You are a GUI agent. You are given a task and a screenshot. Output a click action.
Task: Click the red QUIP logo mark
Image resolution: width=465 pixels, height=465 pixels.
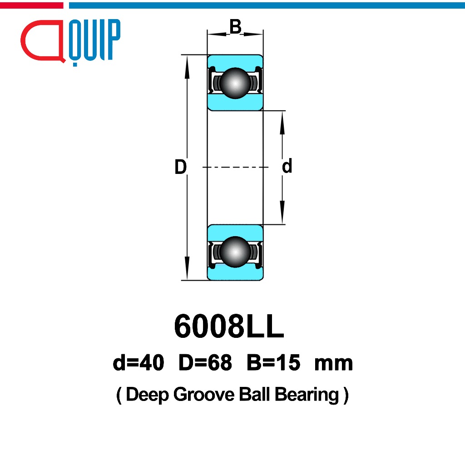pos(42,42)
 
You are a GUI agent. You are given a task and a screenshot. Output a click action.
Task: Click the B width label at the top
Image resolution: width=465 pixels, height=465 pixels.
pos(235,27)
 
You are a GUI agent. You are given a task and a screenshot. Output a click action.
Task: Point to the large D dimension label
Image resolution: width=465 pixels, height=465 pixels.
pos(181,168)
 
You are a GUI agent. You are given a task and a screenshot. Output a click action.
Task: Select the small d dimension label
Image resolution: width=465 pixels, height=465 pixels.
pos(287,167)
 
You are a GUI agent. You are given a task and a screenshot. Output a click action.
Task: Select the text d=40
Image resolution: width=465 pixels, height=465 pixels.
pos(139,363)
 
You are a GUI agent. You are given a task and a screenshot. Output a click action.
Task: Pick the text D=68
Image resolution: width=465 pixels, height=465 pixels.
pos(205,363)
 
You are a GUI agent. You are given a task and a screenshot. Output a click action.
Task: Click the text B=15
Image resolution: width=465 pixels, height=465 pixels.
pos(273,363)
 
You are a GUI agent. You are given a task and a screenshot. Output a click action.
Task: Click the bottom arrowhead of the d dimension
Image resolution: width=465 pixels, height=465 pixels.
pos(282,216)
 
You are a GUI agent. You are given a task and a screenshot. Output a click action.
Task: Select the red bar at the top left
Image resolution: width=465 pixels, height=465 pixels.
pos(31,5)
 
